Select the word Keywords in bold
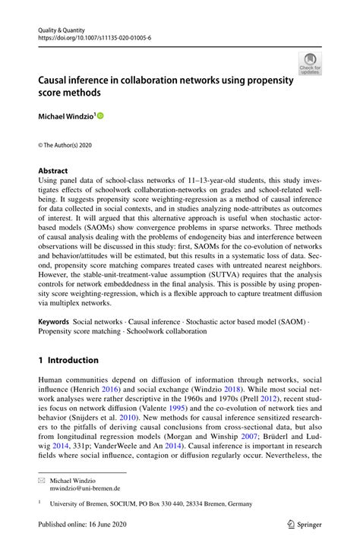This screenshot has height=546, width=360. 58,323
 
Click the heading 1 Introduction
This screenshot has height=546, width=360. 69,360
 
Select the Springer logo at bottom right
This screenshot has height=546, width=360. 301,525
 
